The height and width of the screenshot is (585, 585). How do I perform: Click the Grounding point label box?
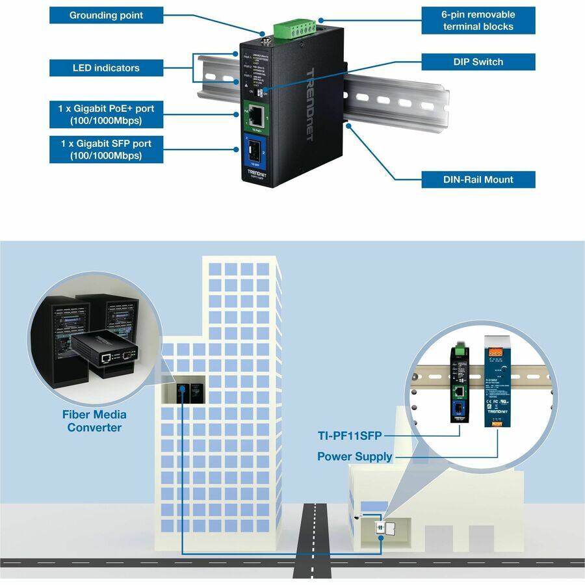106,15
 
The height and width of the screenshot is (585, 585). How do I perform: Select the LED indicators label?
106,68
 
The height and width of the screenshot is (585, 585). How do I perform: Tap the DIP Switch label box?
478,62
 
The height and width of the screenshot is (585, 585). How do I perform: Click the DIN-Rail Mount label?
478,179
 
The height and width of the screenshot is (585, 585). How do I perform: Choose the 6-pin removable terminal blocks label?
478,20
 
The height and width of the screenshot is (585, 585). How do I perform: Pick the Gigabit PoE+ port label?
106,114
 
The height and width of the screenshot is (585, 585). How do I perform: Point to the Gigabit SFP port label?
106,149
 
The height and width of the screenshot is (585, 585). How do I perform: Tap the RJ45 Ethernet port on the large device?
258,116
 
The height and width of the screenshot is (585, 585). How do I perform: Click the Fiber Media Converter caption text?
94,421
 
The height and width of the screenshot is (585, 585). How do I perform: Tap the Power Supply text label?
354,456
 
